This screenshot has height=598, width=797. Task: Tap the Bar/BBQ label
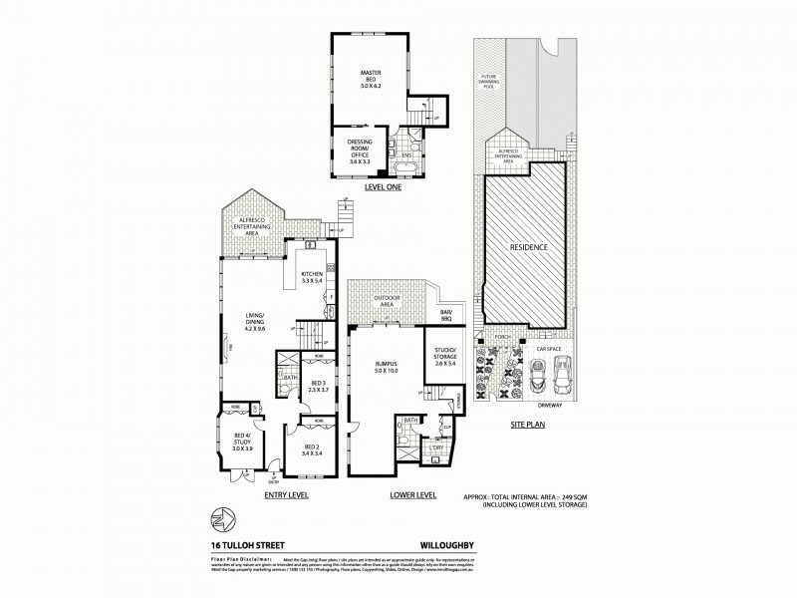(445, 318)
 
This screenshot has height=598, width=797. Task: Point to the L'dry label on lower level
(437, 449)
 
